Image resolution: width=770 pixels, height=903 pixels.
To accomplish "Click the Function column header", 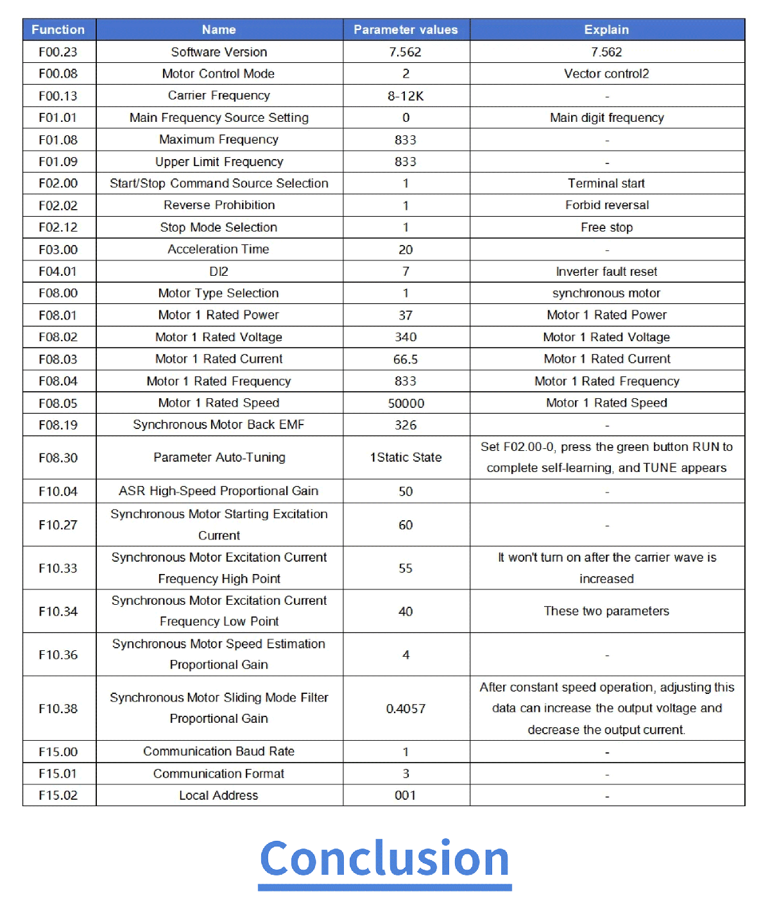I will pos(58,30).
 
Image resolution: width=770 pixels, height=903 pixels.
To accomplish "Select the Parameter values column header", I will pos(406,30).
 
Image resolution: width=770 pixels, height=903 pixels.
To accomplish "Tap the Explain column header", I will pos(606,30).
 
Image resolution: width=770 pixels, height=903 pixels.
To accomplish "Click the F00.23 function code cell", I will pos(58,52).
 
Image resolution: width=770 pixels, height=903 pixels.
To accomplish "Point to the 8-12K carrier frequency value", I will pos(406,96).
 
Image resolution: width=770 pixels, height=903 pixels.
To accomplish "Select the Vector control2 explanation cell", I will pos(606,74).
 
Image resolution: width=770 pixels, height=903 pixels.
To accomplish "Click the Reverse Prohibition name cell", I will pos(219,205).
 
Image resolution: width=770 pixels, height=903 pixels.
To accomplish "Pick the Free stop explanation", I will pos(606,228).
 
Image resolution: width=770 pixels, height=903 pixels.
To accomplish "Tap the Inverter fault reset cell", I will pos(606,271).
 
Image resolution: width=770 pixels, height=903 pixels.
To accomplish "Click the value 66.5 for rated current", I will pos(406,359).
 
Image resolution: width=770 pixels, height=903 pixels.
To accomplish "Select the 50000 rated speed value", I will pos(406,403).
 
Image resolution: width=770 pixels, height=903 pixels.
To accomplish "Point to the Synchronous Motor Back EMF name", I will pos(219,425).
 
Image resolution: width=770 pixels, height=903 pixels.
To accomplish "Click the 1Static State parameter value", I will pos(406,457).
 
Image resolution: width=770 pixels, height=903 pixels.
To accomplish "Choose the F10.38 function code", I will pos(58,709).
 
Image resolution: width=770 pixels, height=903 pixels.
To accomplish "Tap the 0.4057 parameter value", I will pos(406,709).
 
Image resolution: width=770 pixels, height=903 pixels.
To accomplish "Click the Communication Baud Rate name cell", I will pos(219,752).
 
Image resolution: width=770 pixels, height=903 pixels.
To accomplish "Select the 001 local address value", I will pos(406,795).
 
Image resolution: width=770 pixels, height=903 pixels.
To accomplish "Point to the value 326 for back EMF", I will pos(406,425).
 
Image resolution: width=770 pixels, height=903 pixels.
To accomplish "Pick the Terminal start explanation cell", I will pos(606,183).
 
